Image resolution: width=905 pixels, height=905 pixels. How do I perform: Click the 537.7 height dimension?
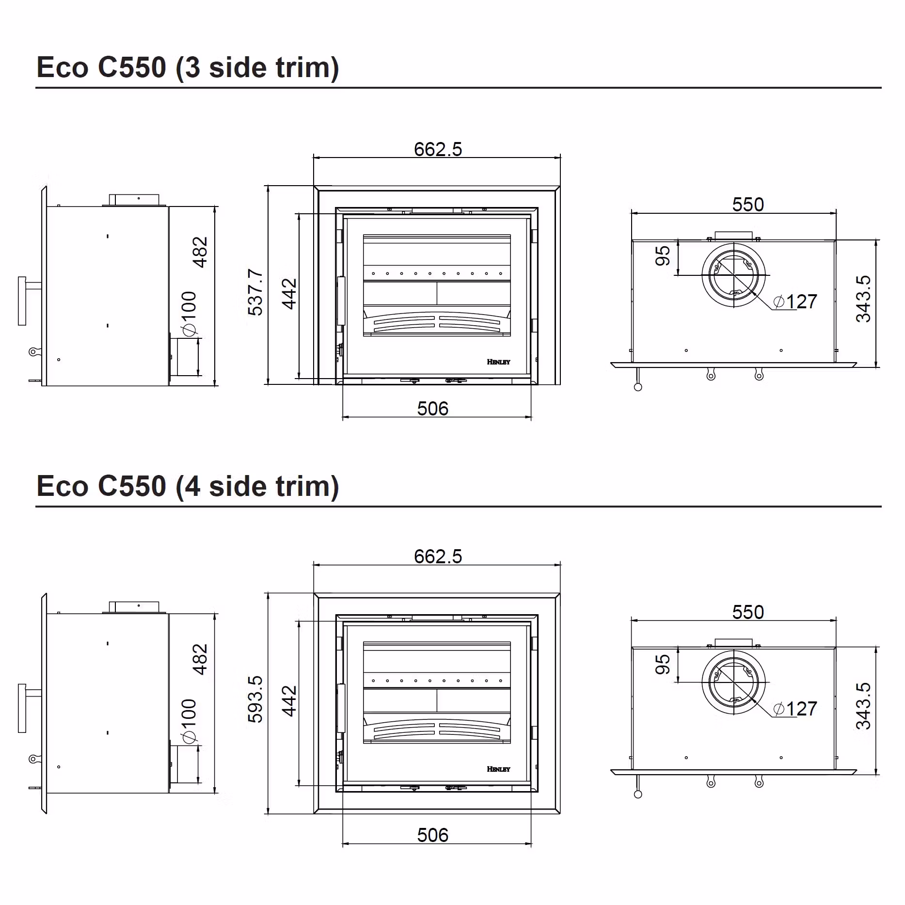(x=255, y=292)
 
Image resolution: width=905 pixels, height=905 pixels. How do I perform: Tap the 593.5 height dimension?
(x=255, y=699)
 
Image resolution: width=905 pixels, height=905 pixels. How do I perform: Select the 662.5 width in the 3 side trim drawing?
(x=438, y=149)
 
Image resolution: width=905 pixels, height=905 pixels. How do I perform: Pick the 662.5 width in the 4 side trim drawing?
(x=438, y=556)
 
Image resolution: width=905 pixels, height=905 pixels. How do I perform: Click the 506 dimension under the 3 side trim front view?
(x=433, y=409)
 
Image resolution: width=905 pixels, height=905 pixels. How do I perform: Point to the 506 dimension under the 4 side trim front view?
(x=433, y=835)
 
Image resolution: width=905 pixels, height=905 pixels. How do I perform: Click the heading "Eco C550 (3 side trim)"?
(x=188, y=67)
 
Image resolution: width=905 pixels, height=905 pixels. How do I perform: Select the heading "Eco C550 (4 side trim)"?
(x=188, y=486)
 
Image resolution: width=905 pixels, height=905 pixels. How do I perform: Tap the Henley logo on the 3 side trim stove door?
(x=498, y=362)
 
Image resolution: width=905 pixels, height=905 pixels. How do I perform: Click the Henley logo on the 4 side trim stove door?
(x=498, y=769)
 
